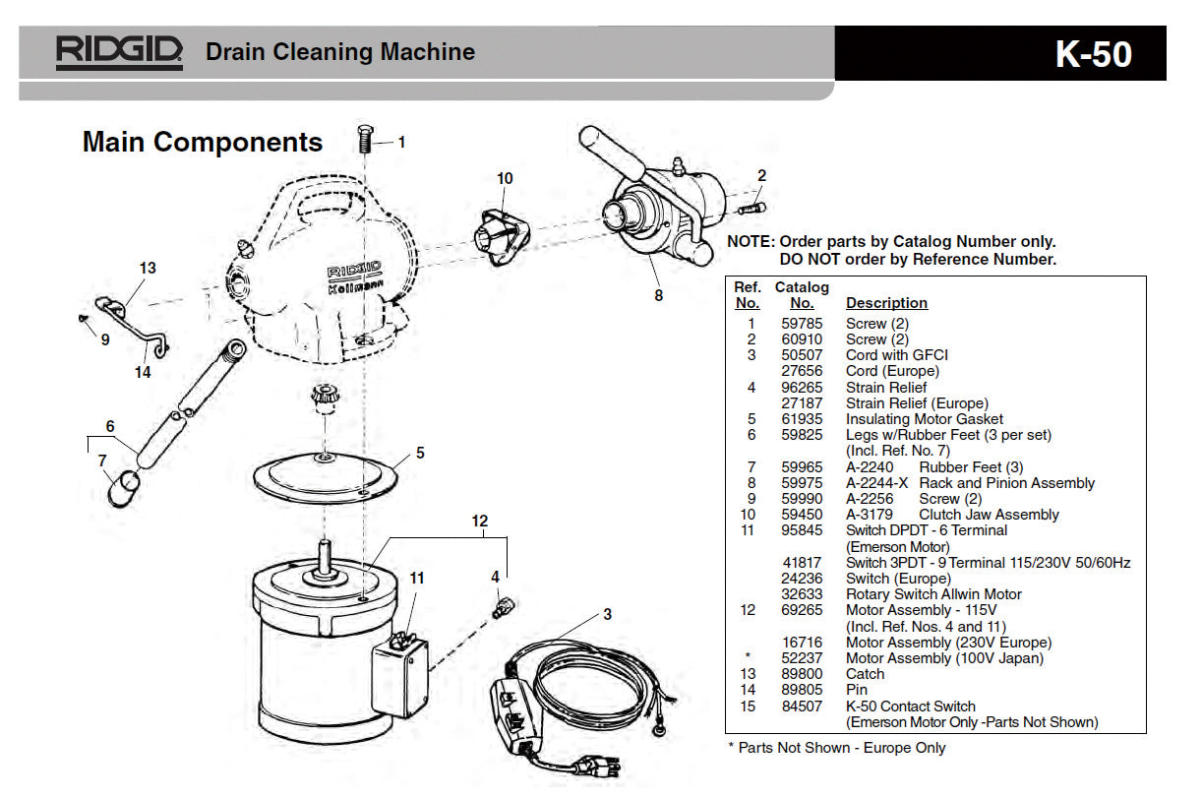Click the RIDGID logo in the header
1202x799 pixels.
(x=119, y=52)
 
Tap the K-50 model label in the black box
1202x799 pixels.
(x=1094, y=54)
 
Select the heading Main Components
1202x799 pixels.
(x=202, y=142)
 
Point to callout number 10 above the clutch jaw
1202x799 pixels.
(x=505, y=178)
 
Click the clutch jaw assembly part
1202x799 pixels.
(x=492, y=235)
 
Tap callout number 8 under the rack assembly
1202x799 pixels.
(x=658, y=293)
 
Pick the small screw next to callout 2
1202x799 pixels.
(x=752, y=209)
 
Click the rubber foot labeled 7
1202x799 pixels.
(x=122, y=488)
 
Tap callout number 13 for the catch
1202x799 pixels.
(x=148, y=268)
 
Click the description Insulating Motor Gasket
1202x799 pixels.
(x=925, y=419)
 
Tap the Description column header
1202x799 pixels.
(x=886, y=303)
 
